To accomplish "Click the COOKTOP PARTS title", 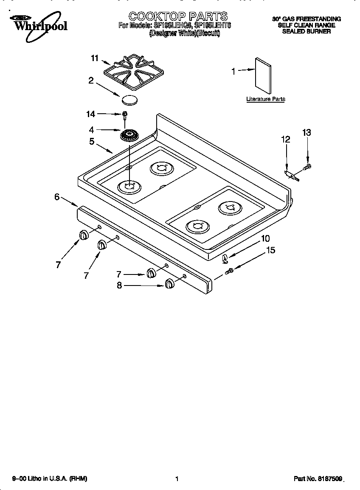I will tap(178, 17).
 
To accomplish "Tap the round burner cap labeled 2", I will tap(129, 100).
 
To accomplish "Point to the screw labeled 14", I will tap(125, 114).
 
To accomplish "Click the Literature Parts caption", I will tap(266, 99).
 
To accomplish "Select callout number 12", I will tap(286, 139).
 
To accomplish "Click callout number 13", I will tap(307, 133).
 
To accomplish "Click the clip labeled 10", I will tap(225, 257).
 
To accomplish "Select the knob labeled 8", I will tap(169, 284).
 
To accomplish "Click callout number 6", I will tap(57, 196).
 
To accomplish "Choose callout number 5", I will tap(92, 141).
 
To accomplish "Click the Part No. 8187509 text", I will tap(318, 479).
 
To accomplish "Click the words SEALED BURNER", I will tap(306, 31).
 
